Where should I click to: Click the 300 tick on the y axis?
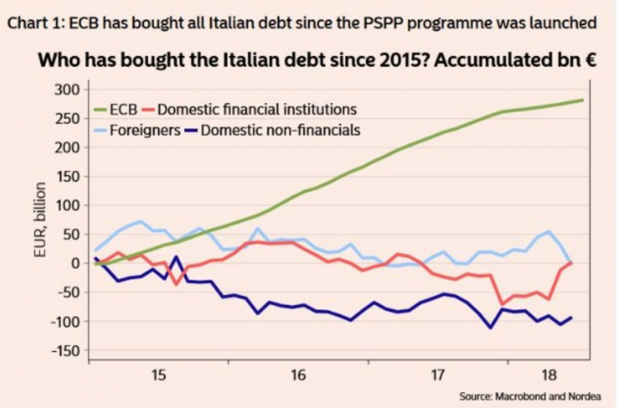[68, 89]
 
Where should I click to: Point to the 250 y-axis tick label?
[68, 118]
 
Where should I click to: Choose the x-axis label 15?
[158, 375]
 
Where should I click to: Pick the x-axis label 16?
[299, 375]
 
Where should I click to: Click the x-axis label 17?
[439, 375]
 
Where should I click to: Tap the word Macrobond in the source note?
[518, 397]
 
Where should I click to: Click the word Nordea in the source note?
[582, 397]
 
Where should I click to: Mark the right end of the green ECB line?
[583, 100]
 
